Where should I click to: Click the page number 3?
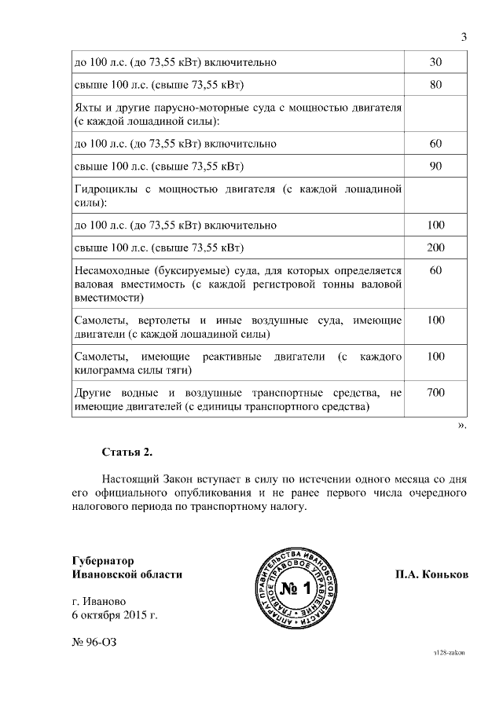[464, 37]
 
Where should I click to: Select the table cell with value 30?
[436, 61]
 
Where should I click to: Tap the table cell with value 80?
[436, 85]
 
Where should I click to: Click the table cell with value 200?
[436, 248]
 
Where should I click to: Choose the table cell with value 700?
[436, 392]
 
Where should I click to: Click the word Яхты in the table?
[88, 108]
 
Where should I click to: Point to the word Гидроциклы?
[105, 189]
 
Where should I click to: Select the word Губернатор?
[103, 561]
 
